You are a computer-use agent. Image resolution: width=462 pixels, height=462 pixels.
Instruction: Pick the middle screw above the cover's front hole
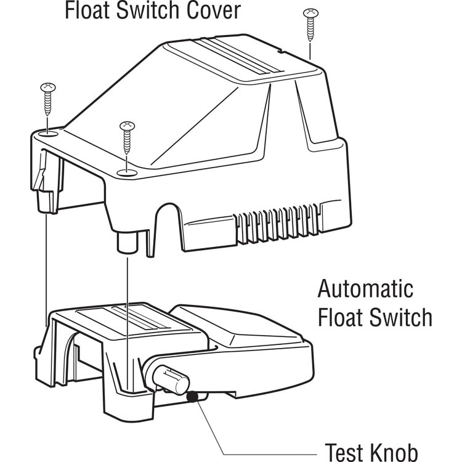click(x=127, y=139)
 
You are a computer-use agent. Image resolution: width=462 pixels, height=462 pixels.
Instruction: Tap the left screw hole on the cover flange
click(x=49, y=132)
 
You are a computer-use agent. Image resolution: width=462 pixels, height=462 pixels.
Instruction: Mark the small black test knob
click(x=193, y=399)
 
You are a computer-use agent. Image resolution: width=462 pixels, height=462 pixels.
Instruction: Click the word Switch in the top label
click(x=153, y=10)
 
